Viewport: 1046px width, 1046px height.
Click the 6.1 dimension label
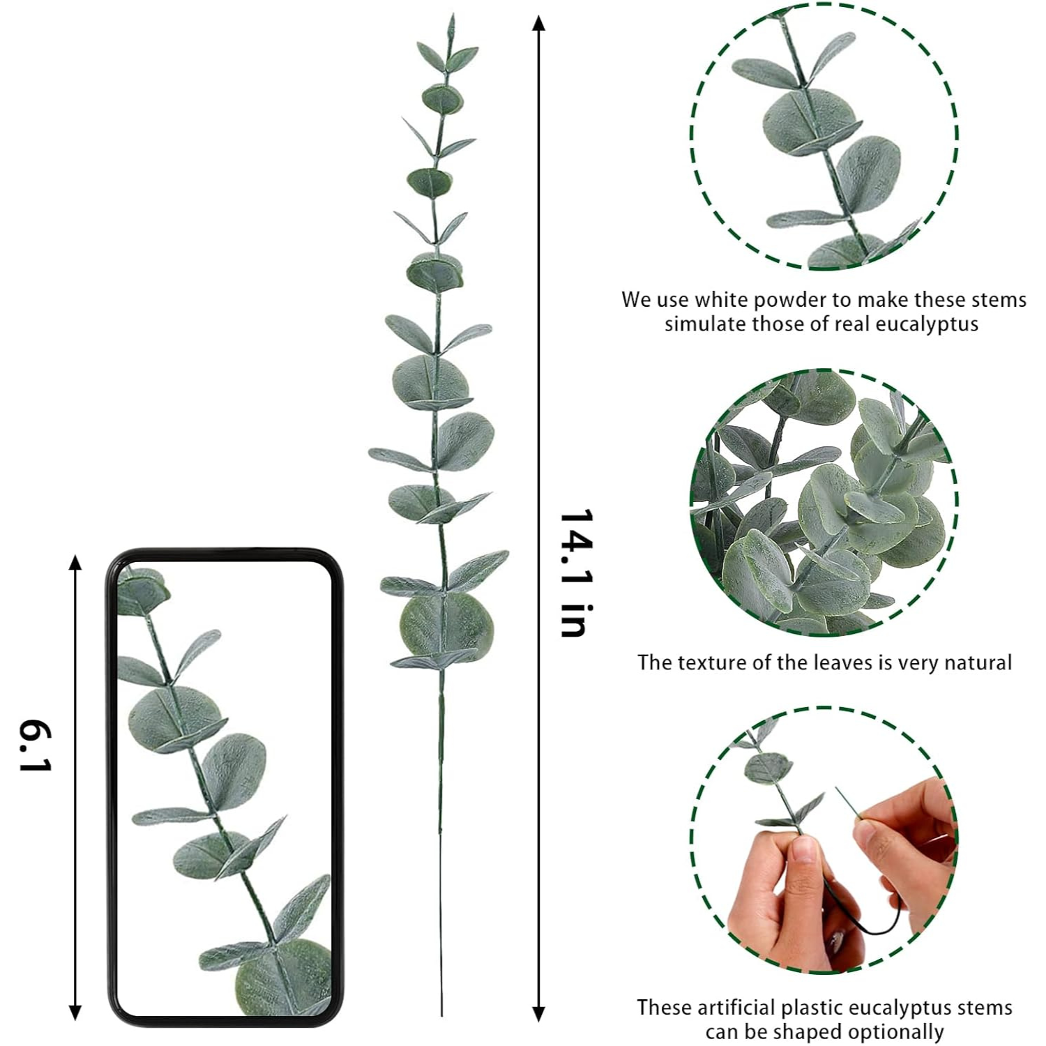35,747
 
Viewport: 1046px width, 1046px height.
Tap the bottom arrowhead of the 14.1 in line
538,1013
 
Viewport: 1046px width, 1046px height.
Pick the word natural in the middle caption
974,662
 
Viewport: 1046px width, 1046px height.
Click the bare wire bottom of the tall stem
441,907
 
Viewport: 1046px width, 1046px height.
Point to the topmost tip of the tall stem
452,17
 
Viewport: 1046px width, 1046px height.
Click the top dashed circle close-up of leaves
824,136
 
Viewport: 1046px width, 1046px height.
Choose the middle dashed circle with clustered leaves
824,502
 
